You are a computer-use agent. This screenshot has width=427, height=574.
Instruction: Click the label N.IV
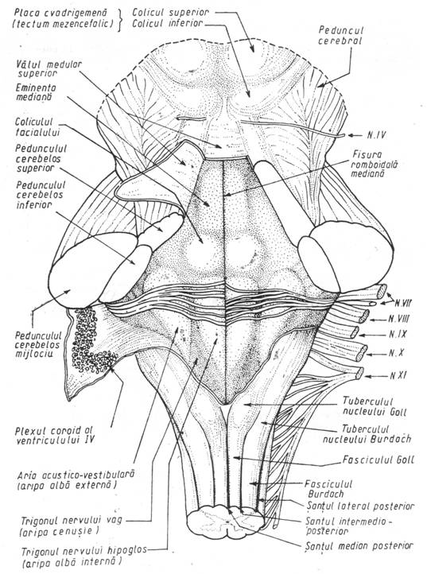[x=376, y=135]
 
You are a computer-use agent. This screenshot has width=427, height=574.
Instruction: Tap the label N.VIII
[x=398, y=319]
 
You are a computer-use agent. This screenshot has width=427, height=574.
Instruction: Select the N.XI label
[x=398, y=375]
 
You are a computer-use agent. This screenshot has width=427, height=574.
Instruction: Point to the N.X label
[x=396, y=354]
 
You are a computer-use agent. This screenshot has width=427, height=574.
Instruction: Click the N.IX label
[x=398, y=334]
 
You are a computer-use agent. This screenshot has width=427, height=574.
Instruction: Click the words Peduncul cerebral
[x=340, y=35]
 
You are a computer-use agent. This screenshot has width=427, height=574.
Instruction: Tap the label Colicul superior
[x=170, y=12]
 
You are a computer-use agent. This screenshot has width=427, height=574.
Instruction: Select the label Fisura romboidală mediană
[x=374, y=164]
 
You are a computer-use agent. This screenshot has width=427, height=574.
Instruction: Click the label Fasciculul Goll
[x=378, y=460]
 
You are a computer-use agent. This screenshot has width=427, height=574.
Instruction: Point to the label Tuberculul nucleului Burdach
[x=367, y=434]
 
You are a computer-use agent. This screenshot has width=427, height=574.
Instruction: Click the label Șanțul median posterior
[x=359, y=546]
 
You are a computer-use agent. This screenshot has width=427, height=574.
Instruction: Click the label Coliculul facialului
[x=37, y=126]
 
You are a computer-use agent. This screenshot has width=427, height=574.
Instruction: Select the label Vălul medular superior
[x=49, y=68]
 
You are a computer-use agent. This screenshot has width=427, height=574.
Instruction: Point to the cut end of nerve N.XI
[x=359, y=373]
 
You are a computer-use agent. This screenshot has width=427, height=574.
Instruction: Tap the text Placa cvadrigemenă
[x=60, y=13]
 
